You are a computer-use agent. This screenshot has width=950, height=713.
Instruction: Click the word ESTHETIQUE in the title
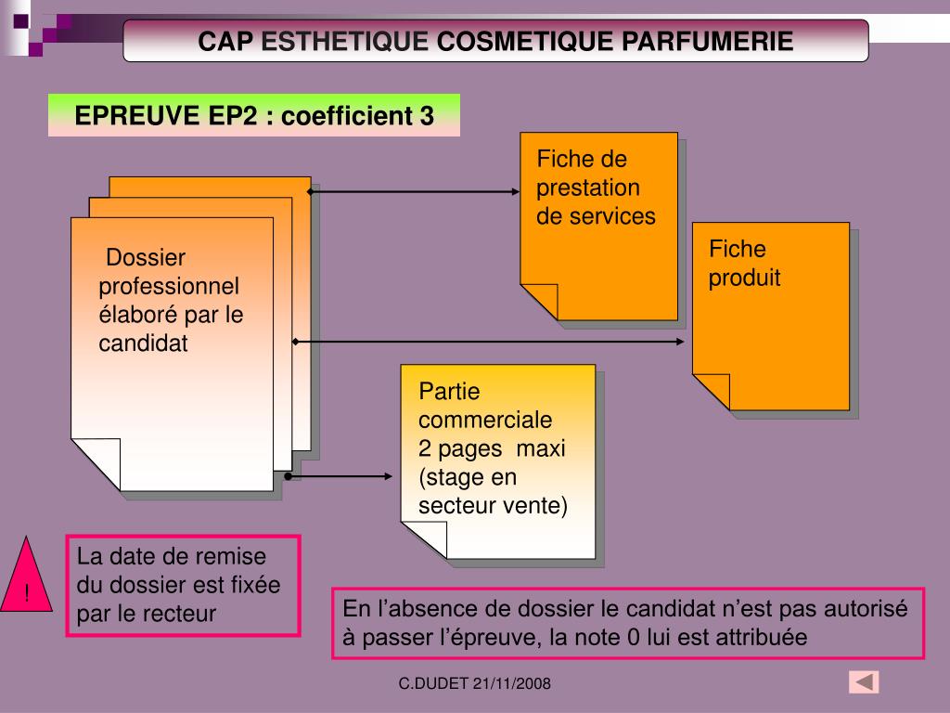[x=346, y=41]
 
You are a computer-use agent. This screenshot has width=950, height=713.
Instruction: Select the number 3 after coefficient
[x=426, y=116]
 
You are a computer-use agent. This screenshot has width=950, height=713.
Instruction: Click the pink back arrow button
[x=864, y=682]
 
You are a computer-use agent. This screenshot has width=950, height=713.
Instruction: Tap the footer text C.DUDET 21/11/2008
[x=475, y=684]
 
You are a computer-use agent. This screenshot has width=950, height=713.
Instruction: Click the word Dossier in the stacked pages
[x=146, y=257]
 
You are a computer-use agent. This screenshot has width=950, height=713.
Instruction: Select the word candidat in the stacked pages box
[x=143, y=344]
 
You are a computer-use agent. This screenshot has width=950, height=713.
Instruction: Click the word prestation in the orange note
[x=588, y=188]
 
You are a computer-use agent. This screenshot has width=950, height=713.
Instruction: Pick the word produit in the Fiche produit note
[x=744, y=278]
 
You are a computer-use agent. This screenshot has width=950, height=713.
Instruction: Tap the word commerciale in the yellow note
[x=484, y=420]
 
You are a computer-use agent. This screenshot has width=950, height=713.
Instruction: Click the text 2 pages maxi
[x=491, y=448]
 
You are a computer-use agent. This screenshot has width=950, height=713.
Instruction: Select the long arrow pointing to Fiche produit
[x=489, y=342]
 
